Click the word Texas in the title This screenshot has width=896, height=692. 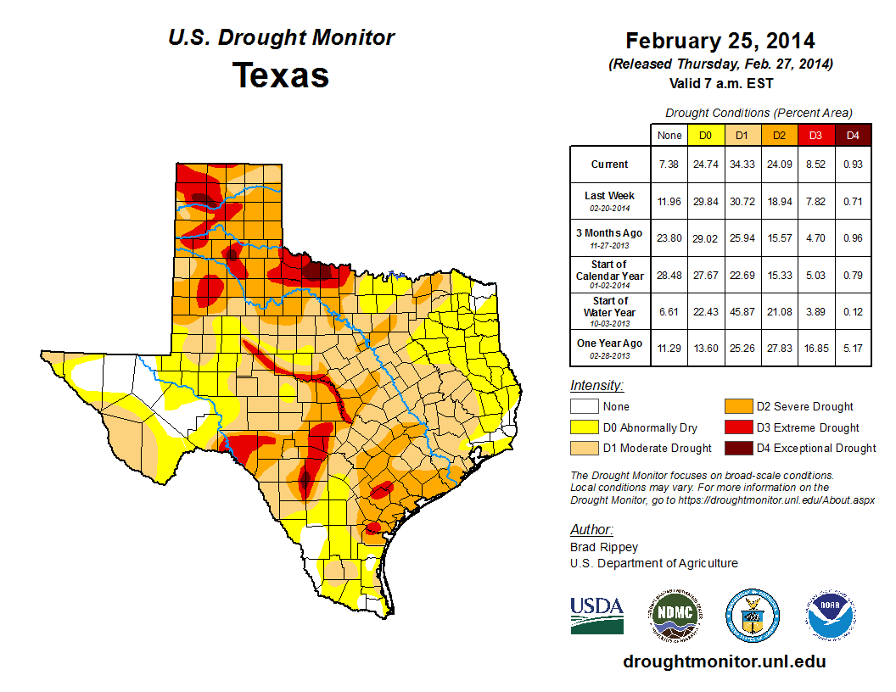click(281, 75)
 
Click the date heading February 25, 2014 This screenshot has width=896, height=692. click(720, 41)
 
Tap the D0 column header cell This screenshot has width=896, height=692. click(705, 135)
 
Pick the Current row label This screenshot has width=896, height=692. click(609, 165)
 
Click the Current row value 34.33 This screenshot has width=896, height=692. click(742, 165)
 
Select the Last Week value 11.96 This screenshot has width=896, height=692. click(669, 200)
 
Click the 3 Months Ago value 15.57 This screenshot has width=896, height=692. click(778, 237)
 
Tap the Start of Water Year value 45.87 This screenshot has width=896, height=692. click(742, 312)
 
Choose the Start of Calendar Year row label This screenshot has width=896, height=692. click(609, 276)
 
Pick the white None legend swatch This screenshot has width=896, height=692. click(584, 407)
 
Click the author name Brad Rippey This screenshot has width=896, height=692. click(604, 547)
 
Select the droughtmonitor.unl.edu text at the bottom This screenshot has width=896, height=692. click(724, 661)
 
